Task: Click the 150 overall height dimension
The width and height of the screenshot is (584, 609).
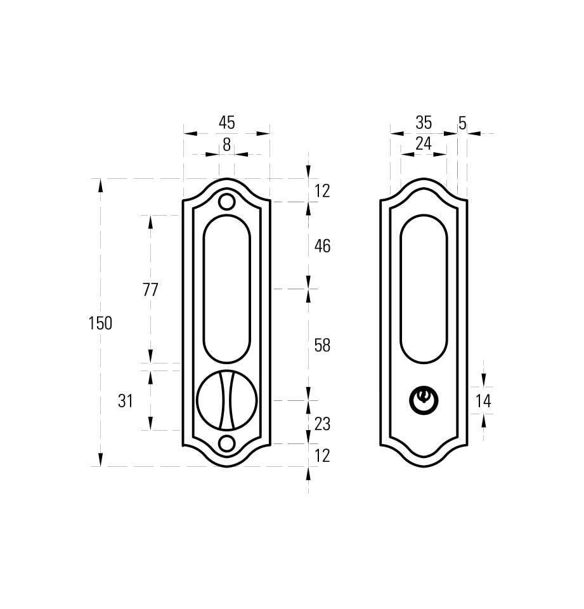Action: [101, 323]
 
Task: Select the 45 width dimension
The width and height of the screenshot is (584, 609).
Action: [227, 122]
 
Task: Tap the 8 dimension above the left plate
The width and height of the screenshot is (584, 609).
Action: [227, 145]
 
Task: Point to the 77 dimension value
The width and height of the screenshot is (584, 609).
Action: [150, 290]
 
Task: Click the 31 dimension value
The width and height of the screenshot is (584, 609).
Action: [126, 401]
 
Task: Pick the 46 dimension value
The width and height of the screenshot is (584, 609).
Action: [322, 246]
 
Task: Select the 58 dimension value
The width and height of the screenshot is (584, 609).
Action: [322, 345]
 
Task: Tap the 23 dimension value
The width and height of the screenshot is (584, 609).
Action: [322, 424]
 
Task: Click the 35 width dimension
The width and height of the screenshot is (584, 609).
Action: [424, 122]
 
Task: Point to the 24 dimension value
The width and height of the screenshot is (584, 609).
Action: [424, 144]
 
